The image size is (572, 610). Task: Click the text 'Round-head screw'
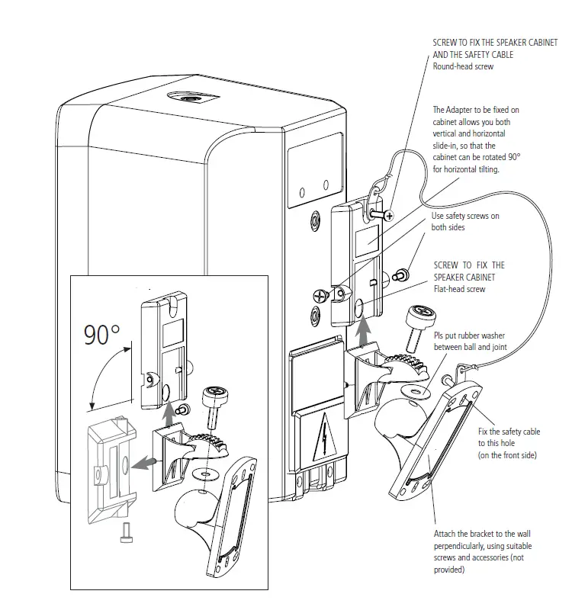coord(463,67)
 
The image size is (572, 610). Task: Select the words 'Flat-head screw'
coord(460,289)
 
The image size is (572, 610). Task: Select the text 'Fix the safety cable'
coord(509,432)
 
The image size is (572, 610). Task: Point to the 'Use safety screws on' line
coord(465,216)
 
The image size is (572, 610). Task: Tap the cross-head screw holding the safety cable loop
coord(390,217)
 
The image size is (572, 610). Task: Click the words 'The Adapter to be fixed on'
coord(477,110)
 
